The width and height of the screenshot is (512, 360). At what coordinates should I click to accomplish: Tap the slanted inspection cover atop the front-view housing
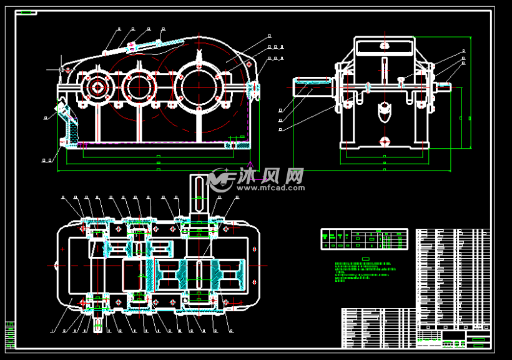tap(156, 44)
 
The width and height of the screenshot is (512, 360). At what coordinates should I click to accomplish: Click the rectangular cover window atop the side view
tap(385, 46)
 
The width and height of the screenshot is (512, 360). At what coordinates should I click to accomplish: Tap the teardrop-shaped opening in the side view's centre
tap(384, 112)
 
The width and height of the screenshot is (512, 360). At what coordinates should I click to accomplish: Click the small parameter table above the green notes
tap(364, 238)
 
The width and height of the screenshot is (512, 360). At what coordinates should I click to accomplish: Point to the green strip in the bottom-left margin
tap(10, 334)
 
